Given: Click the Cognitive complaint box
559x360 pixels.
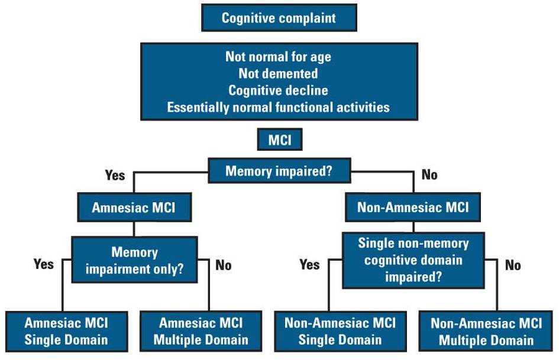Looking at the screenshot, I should click(279, 18).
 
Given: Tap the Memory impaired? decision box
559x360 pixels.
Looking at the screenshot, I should click(279, 171).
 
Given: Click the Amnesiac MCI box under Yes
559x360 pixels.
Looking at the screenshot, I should click(134, 208).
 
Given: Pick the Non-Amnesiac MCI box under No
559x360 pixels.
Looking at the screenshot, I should click(413, 207).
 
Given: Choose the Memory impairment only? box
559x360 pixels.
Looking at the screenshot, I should click(134, 261).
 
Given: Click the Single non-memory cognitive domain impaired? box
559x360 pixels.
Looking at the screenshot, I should click(413, 261).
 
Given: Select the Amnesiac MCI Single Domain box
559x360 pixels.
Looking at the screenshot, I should click(66, 331).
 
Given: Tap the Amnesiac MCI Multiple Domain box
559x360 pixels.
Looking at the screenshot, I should click(201, 331).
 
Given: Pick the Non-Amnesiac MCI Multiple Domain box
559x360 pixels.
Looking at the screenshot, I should click(486, 331).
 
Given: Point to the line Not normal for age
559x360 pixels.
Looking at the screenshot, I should click(278, 57).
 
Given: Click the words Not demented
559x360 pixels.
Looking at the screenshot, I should click(278, 74).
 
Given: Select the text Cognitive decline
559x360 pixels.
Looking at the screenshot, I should click(278, 90).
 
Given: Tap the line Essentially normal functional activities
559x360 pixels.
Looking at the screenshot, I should click(278, 107).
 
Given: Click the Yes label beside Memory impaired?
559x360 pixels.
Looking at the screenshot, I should click(115, 176).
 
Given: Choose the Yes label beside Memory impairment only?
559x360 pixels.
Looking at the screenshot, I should click(44, 264).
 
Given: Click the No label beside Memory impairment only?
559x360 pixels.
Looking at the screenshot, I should click(224, 265).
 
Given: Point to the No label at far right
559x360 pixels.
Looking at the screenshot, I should click(513, 265).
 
